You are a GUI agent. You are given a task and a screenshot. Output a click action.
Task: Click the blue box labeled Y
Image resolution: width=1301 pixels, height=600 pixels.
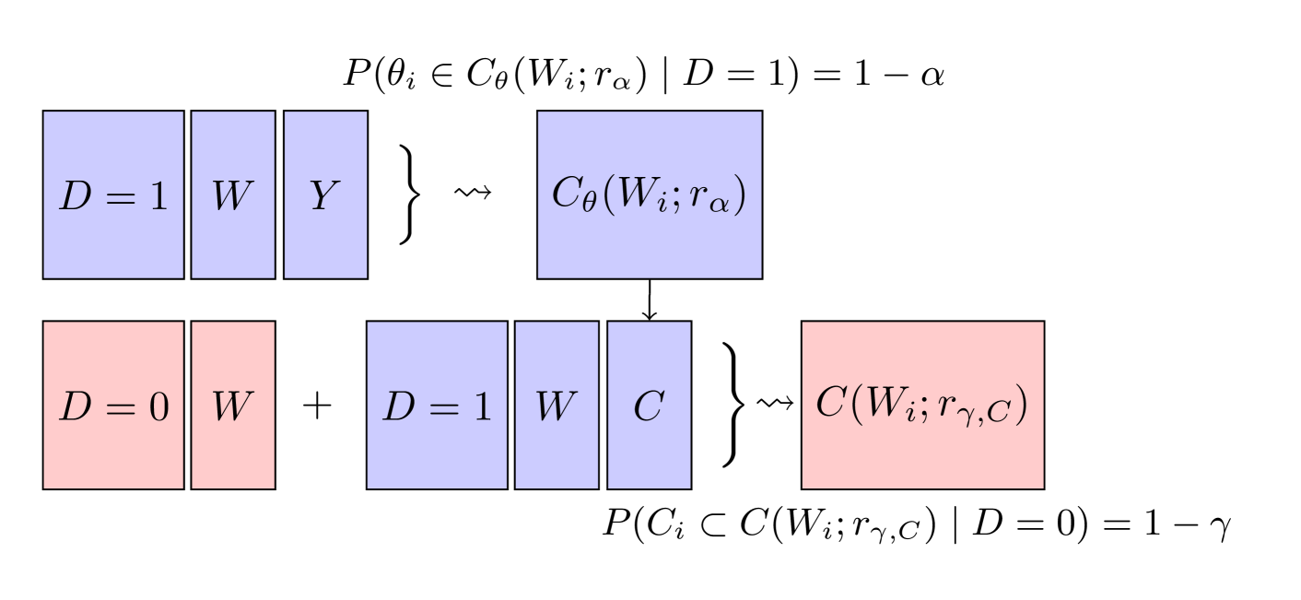325,194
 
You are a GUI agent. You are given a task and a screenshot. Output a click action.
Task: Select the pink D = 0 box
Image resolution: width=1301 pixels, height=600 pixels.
113,405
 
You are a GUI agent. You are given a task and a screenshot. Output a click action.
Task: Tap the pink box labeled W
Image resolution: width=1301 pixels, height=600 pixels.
233,405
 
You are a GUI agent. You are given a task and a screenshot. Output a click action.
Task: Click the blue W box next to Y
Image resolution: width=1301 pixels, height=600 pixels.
233,194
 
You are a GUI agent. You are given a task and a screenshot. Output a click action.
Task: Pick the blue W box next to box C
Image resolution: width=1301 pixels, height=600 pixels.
557,405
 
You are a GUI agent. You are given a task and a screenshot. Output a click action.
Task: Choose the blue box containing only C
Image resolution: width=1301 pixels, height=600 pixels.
649,405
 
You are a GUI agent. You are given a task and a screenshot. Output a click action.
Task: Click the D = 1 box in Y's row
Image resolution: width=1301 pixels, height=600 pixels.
113,194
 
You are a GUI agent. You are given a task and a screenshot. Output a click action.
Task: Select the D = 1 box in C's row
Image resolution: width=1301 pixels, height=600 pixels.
437,405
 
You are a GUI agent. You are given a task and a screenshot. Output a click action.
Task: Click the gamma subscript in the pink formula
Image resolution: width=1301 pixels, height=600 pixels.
979,416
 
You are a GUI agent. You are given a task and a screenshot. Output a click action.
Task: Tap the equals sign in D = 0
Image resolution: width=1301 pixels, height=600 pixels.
116,406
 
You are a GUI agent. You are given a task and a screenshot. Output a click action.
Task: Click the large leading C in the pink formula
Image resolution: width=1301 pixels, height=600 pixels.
831,405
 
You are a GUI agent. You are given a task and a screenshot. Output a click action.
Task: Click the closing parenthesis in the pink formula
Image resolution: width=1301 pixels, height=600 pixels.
1020,406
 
